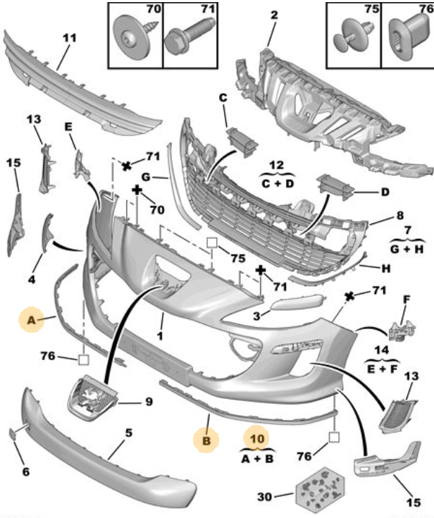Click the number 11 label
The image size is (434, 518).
[69, 38]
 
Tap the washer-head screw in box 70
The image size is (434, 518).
[134, 37]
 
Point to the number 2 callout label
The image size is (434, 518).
[274, 15]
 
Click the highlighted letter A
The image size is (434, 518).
[31, 320]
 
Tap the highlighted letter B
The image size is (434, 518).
[206, 440]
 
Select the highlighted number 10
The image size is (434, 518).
[257, 438]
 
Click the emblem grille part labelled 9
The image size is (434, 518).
[92, 397]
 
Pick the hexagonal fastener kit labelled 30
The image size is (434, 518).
[320, 489]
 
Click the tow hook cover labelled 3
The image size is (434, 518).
[297, 302]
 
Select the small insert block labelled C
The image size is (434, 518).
[242, 142]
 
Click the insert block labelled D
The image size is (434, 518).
[335, 187]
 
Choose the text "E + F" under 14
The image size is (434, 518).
[382, 369]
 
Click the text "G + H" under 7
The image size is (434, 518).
[407, 249]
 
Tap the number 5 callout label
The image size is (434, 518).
[128, 433]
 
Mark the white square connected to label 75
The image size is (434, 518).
[211, 242]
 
